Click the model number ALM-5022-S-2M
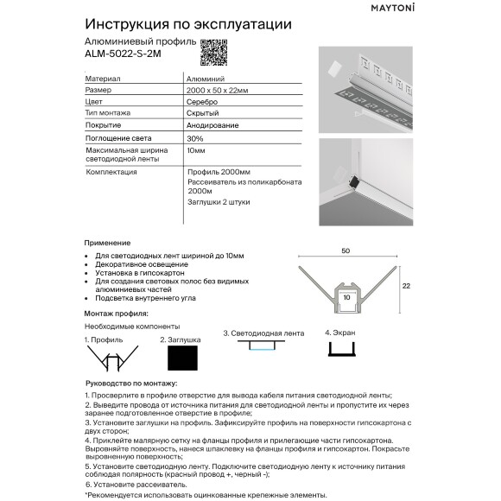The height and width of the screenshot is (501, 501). [123, 54]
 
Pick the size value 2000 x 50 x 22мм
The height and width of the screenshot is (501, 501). [218, 90]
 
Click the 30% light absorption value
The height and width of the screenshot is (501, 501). [195, 138]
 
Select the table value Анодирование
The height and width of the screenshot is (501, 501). [211, 126]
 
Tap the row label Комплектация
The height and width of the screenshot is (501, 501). [112, 172]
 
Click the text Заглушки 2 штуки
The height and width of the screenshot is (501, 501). [219, 201]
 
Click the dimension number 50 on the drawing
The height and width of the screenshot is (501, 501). [346, 250]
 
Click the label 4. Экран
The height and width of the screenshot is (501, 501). [340, 332]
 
